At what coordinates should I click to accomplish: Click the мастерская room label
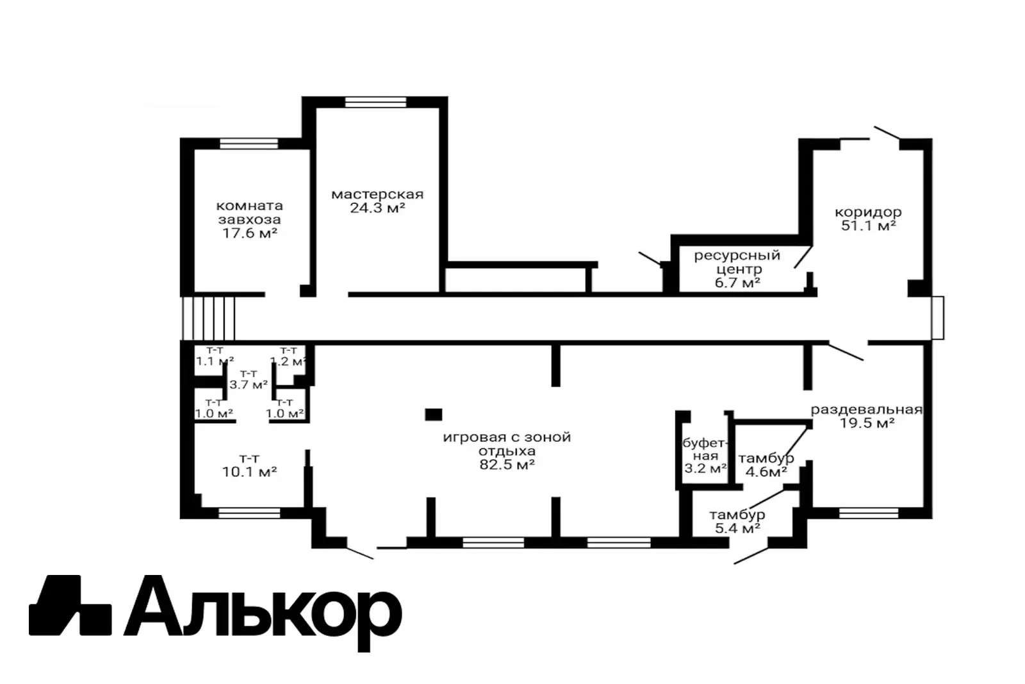click(377, 194)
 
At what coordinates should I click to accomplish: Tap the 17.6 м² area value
click(249, 233)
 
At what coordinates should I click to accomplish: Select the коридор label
click(868, 212)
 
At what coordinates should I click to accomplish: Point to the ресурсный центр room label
click(737, 262)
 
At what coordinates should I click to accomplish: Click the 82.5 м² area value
click(507, 465)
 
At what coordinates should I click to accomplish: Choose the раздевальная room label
click(866, 410)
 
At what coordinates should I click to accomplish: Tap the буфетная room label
click(705, 449)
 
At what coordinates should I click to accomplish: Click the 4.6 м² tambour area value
click(767, 472)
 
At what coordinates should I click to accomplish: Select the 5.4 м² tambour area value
click(737, 529)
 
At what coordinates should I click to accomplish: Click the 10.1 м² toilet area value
click(249, 472)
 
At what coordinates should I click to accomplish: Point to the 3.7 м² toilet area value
click(249, 385)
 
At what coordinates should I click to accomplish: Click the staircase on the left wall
click(209, 318)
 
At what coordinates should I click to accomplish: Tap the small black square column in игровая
click(434, 415)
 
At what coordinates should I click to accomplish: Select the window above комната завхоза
click(249, 143)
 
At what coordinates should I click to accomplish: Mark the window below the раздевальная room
click(868, 513)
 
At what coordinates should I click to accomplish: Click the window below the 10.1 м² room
click(249, 513)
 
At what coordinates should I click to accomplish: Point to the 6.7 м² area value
click(737, 283)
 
